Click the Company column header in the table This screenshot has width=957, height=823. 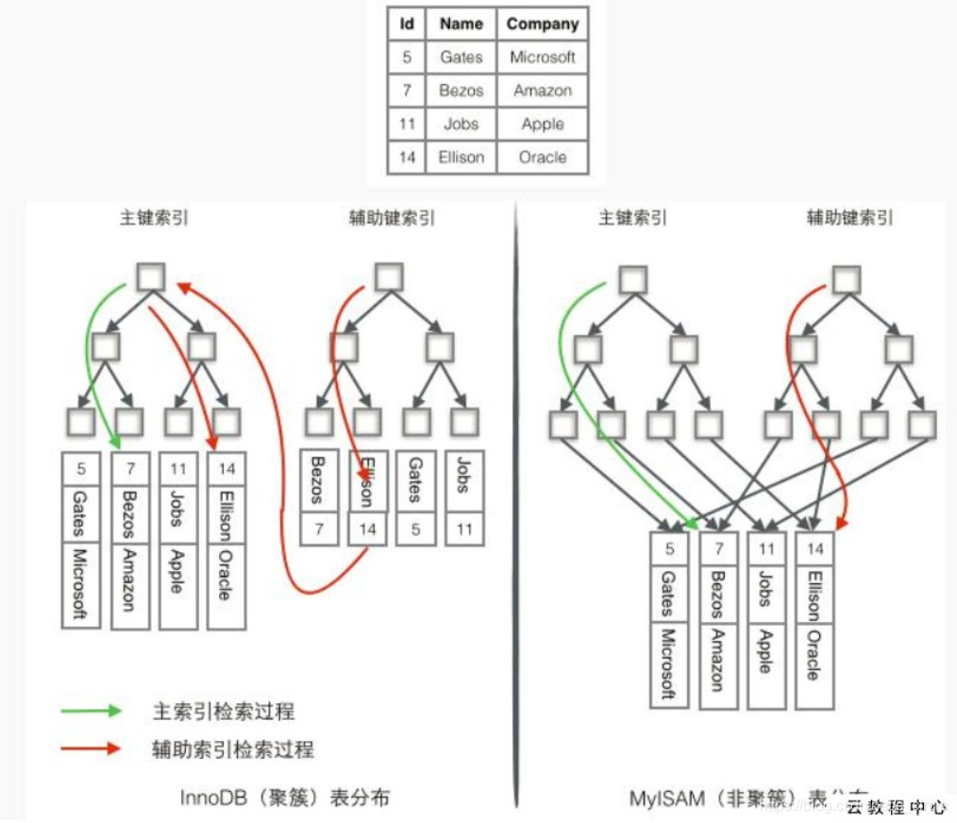click(542, 25)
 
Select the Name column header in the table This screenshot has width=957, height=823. click(461, 25)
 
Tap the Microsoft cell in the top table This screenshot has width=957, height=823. click(542, 58)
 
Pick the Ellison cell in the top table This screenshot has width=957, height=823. click(461, 157)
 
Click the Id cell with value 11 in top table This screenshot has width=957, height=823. click(407, 124)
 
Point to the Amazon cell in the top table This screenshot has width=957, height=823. click(542, 91)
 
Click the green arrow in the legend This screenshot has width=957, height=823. click(91, 711)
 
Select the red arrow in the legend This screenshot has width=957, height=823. click(91, 748)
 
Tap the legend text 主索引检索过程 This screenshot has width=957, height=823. click(230, 712)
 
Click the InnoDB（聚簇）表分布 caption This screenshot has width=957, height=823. click(284, 798)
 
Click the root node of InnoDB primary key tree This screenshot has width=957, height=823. click(151, 277)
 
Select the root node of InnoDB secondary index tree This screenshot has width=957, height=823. click(389, 277)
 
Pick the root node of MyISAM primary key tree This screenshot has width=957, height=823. click(632, 279)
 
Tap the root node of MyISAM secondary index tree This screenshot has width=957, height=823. click(846, 279)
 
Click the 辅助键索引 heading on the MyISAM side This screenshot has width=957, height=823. click(848, 218)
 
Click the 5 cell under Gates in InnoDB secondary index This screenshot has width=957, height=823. click(415, 529)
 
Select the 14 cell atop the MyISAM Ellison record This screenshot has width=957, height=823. click(814, 548)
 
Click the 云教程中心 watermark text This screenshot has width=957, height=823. click(896, 807)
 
